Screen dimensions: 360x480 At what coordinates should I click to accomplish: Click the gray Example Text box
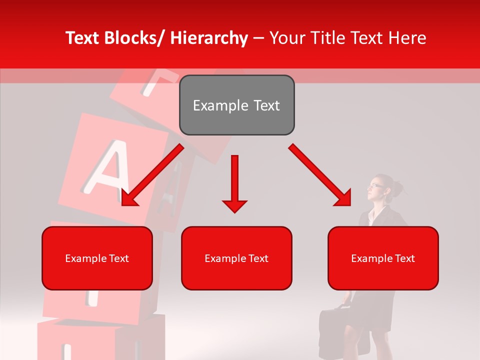(236, 105)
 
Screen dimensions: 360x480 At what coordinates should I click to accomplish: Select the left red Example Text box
(97, 258)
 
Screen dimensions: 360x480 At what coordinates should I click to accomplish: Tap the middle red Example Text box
(236, 258)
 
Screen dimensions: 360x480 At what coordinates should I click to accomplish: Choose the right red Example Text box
(383, 258)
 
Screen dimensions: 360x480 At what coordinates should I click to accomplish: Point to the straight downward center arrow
(234, 180)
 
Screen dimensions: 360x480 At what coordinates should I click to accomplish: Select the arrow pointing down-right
(320, 175)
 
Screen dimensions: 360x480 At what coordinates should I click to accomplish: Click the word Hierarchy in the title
(208, 38)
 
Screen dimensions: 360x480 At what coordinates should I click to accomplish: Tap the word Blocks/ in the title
(135, 38)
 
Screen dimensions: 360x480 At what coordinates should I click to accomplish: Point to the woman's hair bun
(397, 188)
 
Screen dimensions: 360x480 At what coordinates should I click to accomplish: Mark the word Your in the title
(287, 38)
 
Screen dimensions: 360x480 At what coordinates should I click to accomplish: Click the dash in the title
(258, 39)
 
